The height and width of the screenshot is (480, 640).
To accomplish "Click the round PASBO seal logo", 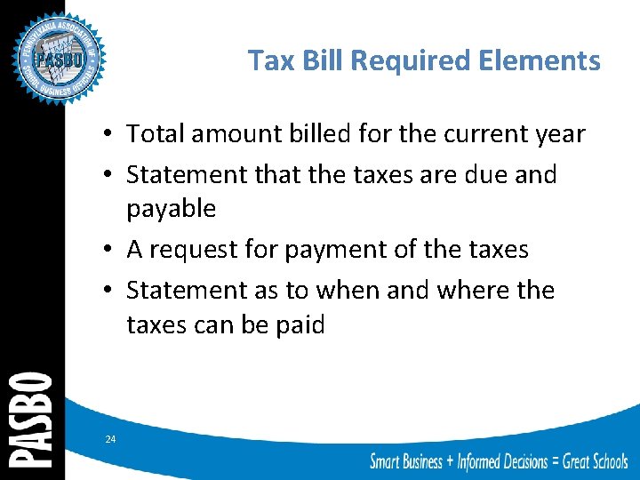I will click(59, 59).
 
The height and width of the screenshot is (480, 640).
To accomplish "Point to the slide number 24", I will click(110, 439).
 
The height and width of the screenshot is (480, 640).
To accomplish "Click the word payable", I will click(172, 209).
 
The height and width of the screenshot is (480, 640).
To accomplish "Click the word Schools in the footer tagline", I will click(601, 461).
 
